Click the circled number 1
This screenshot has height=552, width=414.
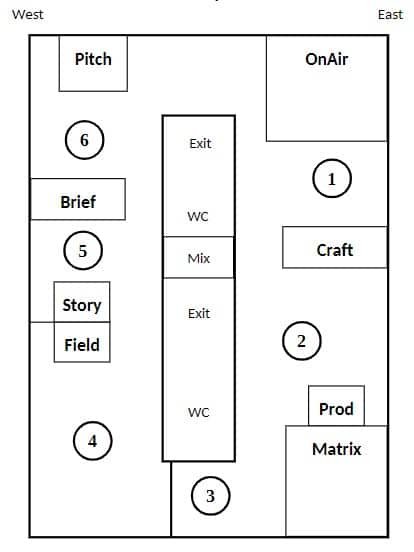(x=332, y=178)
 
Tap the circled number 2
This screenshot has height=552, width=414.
(x=302, y=341)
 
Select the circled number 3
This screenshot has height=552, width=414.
(x=211, y=496)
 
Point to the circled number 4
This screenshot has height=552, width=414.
(x=93, y=441)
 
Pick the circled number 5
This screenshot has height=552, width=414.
(x=83, y=251)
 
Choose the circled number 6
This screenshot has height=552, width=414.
(x=84, y=140)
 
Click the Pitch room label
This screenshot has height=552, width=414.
(x=93, y=59)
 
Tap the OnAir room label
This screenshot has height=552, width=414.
(x=327, y=59)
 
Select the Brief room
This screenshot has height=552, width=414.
(x=78, y=199)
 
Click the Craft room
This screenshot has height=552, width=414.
(x=335, y=247)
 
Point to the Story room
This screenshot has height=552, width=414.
(x=82, y=302)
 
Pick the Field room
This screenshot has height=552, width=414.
(x=82, y=342)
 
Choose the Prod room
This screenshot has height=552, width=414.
(x=337, y=406)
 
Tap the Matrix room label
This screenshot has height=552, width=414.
(x=337, y=449)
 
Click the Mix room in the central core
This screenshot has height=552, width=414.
(x=199, y=257)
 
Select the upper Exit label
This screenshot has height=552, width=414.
(x=200, y=144)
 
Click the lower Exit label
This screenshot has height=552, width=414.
(x=199, y=313)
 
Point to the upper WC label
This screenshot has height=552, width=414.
(x=198, y=216)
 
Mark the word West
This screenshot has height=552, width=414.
(x=28, y=14)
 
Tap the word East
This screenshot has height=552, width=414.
(x=390, y=14)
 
